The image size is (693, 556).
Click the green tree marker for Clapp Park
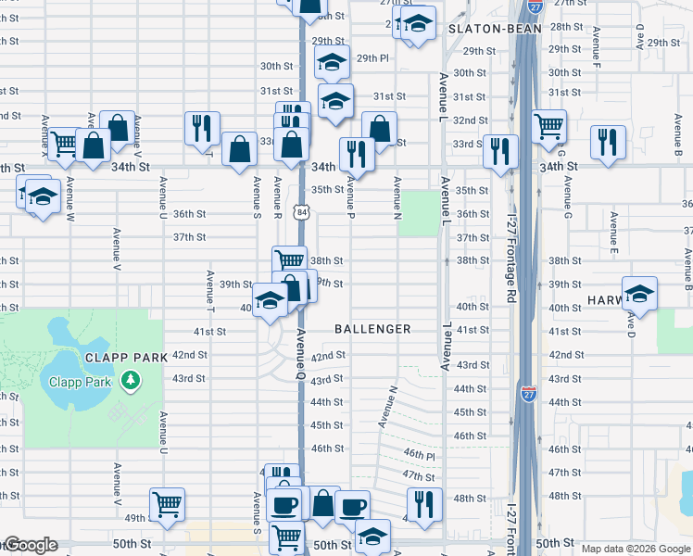point(131,381)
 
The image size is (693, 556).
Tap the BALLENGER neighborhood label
point(372,329)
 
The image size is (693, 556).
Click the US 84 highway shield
point(303,212)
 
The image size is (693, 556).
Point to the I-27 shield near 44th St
point(528,393)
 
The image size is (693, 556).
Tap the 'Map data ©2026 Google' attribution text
point(636,549)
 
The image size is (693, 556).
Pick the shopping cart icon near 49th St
point(168,504)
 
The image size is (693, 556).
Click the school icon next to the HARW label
point(639,293)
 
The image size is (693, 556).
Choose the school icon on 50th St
point(372,535)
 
